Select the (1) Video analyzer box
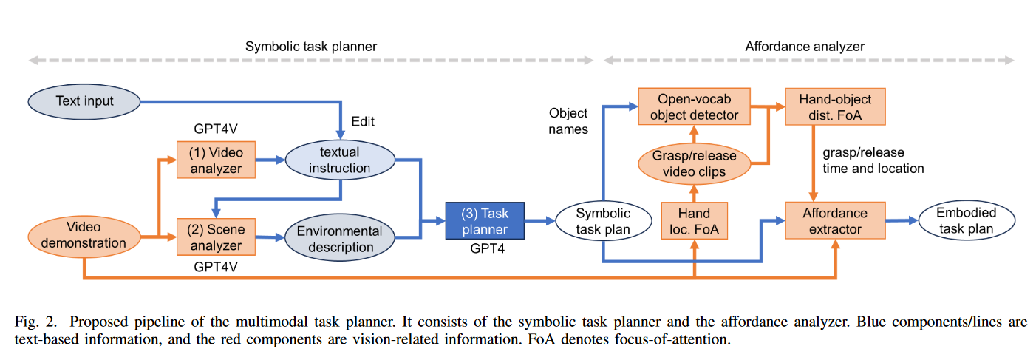[216, 159]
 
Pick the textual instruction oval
[340, 160]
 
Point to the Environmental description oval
[339, 238]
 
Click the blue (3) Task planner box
[485, 220]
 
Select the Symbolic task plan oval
[603, 220]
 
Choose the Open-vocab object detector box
[693, 106]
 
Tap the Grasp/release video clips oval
[694, 164]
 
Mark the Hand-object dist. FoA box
[835, 106]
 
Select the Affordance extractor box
[835, 220]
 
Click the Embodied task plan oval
[966, 220]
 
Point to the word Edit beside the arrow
[364, 121]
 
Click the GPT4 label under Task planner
[485, 250]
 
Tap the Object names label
[568, 121]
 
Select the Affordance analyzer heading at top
[805, 46]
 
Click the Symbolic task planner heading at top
[311, 46]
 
